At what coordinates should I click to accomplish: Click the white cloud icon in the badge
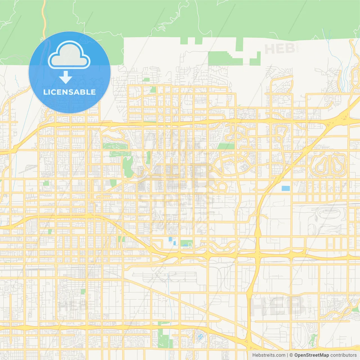69,55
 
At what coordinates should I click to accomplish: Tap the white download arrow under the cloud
66,77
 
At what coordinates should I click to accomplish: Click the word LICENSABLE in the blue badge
69,92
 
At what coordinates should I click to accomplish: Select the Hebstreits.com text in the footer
269,355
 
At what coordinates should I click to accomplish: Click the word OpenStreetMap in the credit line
311,355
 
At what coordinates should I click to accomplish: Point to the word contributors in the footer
343,355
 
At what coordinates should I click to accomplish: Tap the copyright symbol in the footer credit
291,355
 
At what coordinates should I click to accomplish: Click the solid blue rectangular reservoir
285,188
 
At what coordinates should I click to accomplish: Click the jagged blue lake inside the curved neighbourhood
200,336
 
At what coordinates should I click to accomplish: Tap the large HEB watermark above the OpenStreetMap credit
277,306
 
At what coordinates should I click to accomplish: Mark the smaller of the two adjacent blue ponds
174,243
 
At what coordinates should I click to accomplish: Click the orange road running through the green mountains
44,17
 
